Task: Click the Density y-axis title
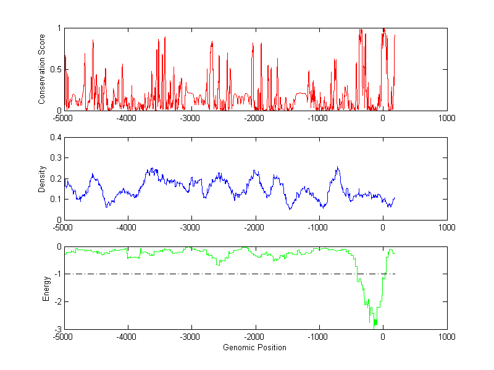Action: click(42, 179)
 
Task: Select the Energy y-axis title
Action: click(46, 288)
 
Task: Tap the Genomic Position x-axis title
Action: click(254, 348)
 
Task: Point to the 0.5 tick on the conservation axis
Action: click(56, 69)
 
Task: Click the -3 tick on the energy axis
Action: click(57, 329)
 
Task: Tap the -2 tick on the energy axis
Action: click(57, 301)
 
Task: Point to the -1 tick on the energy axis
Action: click(57, 274)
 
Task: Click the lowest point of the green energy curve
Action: click(375, 325)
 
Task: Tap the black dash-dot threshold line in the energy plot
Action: click(185, 274)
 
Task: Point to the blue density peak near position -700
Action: click(338, 167)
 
